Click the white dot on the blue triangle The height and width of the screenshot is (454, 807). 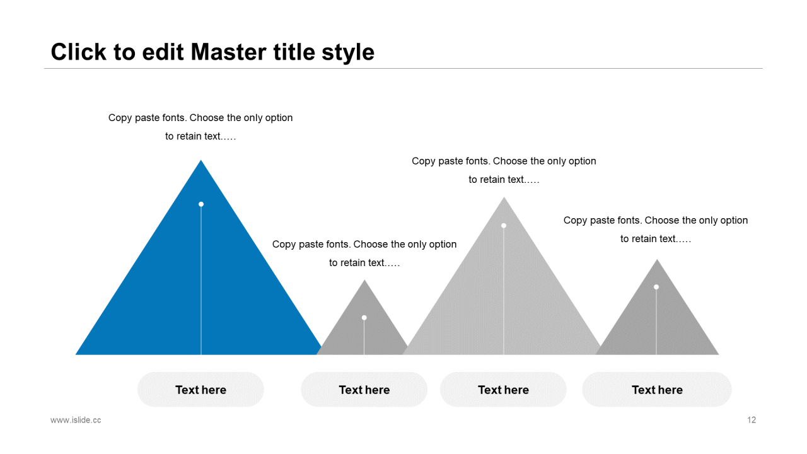(x=201, y=204)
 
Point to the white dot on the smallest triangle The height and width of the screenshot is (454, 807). (x=364, y=318)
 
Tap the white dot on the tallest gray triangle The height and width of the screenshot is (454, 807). (x=504, y=226)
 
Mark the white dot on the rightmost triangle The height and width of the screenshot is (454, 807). (x=656, y=287)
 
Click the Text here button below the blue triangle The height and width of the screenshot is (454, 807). (x=200, y=390)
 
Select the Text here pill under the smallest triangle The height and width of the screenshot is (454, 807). (x=364, y=390)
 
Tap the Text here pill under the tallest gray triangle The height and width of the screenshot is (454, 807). (x=503, y=390)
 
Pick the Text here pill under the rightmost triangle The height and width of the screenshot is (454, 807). (x=657, y=390)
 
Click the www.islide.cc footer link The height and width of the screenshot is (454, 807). (x=76, y=420)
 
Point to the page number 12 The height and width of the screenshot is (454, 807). (x=752, y=420)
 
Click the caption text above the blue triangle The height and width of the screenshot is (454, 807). (x=200, y=127)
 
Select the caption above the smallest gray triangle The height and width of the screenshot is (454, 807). (x=364, y=253)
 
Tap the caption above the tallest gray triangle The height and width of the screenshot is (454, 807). (x=504, y=170)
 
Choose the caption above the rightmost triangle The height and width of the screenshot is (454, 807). (x=656, y=230)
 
